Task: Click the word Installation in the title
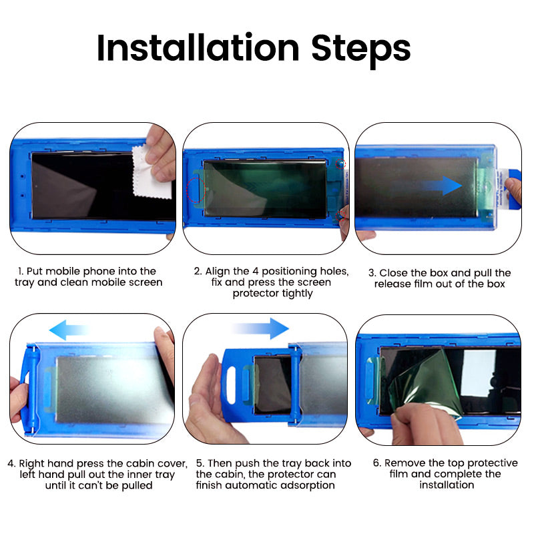click(x=198, y=48)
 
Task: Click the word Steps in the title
click(x=360, y=48)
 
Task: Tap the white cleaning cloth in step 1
click(x=153, y=173)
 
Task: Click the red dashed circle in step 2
click(x=196, y=190)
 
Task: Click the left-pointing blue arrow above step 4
click(x=69, y=328)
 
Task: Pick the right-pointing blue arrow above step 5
click(x=261, y=328)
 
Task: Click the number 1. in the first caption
click(x=21, y=271)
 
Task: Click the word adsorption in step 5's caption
click(x=304, y=485)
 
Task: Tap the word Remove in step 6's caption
click(x=403, y=463)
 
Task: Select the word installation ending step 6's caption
click(x=447, y=485)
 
